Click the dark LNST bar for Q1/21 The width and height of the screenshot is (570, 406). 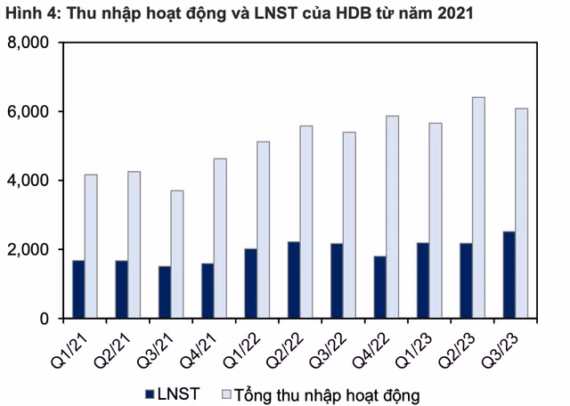click(x=78, y=289)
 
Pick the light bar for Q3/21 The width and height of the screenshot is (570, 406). click(x=176, y=254)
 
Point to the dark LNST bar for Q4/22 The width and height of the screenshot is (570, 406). click(x=379, y=287)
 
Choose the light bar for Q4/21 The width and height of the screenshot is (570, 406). click(x=220, y=238)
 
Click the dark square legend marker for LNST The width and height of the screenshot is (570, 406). click(x=150, y=392)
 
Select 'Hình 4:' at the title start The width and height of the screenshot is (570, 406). click(x=31, y=13)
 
